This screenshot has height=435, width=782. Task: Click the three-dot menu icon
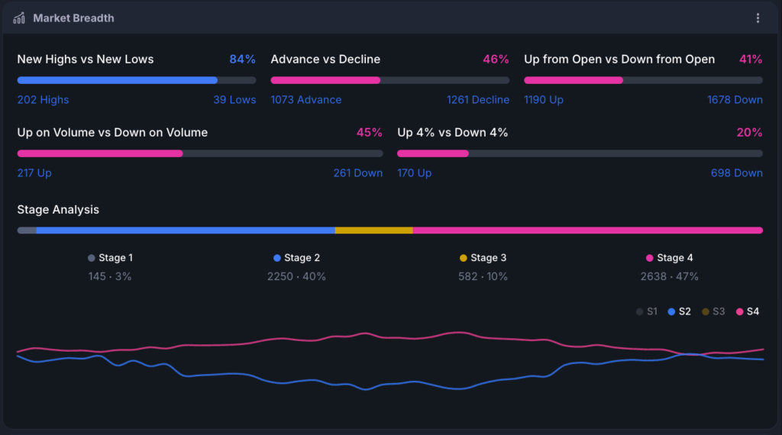coord(758,18)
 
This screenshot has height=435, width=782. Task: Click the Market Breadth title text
coord(73,18)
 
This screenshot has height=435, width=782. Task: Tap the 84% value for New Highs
coord(242,60)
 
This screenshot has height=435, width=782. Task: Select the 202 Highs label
coord(43,100)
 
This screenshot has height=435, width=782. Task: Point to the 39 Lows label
coord(234,100)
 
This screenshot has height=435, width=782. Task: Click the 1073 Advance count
coord(306,100)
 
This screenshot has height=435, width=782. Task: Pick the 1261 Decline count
coord(478,100)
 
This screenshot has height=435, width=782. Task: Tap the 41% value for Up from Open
coord(751,60)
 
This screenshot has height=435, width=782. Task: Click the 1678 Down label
coord(735,100)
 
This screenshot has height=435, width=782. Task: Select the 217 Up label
coord(34,173)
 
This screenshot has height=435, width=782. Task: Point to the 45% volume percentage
coord(369,133)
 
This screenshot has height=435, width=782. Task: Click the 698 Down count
coord(737,173)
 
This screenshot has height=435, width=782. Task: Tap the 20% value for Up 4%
coord(749,133)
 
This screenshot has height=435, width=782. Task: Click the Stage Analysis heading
coord(58,210)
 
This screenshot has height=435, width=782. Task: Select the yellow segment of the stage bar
coord(374,230)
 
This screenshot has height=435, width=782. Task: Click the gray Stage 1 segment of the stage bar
coord(27,230)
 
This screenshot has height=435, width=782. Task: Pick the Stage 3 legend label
coord(488,258)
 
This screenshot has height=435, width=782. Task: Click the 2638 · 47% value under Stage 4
coord(669,276)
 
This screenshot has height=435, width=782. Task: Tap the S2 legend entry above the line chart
coord(679,311)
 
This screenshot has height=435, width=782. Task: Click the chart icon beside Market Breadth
coord(19,18)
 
